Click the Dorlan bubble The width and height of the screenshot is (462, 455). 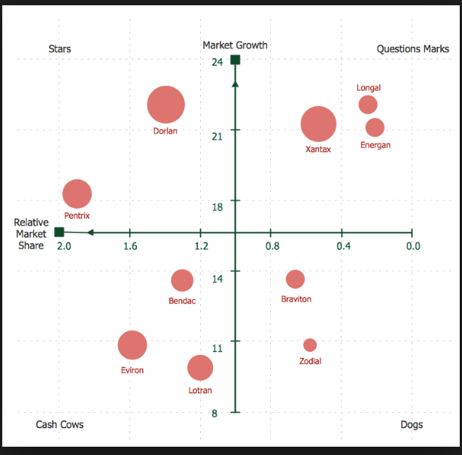click(166, 105)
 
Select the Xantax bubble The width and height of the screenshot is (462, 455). click(318, 124)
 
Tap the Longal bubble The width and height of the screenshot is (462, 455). click(368, 105)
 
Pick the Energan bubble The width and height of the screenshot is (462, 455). click(375, 127)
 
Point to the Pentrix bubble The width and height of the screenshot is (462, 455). click(77, 194)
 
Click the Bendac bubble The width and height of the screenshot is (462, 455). click(182, 280)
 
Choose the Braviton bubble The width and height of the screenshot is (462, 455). click(295, 279)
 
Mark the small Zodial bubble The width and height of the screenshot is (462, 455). click(310, 345)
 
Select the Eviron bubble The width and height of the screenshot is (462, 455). click(132, 346)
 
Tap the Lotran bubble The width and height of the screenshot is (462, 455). click(199, 368)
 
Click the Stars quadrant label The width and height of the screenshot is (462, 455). click(60, 49)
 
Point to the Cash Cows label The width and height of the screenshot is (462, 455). click(59, 424)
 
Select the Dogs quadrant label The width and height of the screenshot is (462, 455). click(412, 425)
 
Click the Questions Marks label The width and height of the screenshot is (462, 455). click(413, 49)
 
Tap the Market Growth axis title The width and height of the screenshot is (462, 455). click(235, 45)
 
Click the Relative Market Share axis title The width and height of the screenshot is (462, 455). click(31, 234)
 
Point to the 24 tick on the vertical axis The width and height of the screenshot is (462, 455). click(217, 61)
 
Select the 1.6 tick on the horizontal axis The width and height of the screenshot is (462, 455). click(130, 246)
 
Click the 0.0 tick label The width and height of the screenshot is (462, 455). click(412, 246)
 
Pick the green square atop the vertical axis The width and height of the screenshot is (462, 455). click(236, 60)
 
